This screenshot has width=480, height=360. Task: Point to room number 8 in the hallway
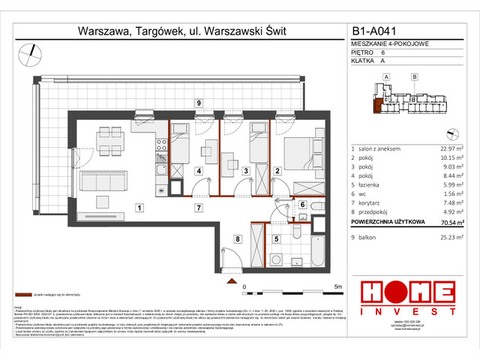[x=237, y=239]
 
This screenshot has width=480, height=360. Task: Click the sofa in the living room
[x=101, y=182]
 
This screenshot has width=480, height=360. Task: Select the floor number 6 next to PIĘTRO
[x=383, y=52]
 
